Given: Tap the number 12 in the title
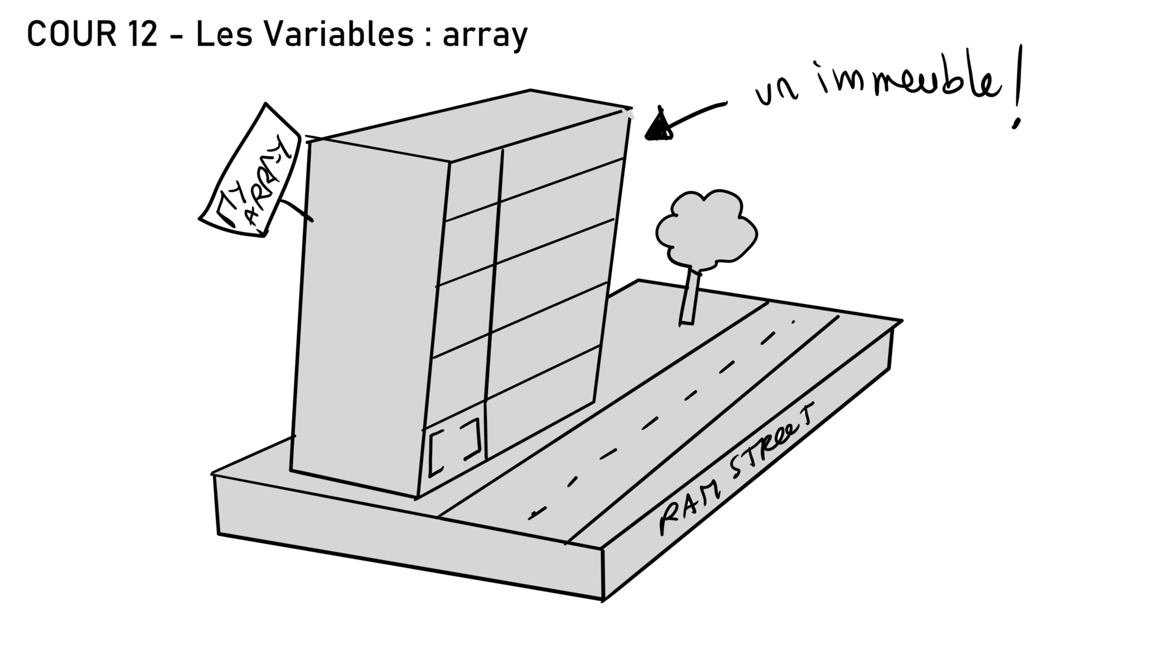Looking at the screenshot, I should coord(142,34).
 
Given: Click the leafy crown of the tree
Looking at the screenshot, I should coord(707,228).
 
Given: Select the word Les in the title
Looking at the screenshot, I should coord(223,34).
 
